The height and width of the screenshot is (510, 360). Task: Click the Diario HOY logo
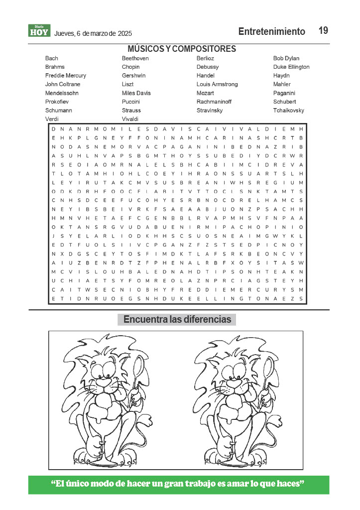coord(39,31)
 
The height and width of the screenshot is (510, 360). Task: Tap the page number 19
coord(323,31)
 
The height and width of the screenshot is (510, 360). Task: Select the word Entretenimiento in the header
coord(271,32)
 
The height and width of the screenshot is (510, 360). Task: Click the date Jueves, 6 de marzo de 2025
coord(93,34)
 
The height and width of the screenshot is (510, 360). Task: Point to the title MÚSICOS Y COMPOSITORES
coord(182,49)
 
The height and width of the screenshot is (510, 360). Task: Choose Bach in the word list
coord(52,59)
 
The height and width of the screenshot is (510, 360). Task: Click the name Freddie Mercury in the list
coord(66,76)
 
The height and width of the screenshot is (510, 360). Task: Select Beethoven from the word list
coord(135,59)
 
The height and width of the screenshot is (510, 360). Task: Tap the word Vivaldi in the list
coord(130,119)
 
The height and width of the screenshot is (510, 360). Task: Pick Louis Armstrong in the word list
coord(217,85)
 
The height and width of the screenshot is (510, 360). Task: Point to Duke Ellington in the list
coord(291,67)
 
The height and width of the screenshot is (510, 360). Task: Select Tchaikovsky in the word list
coord(289,111)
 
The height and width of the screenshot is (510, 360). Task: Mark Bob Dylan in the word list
coord(286,59)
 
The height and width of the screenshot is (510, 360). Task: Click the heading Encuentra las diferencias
coord(177,320)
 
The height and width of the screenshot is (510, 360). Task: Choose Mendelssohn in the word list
coord(62,93)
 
